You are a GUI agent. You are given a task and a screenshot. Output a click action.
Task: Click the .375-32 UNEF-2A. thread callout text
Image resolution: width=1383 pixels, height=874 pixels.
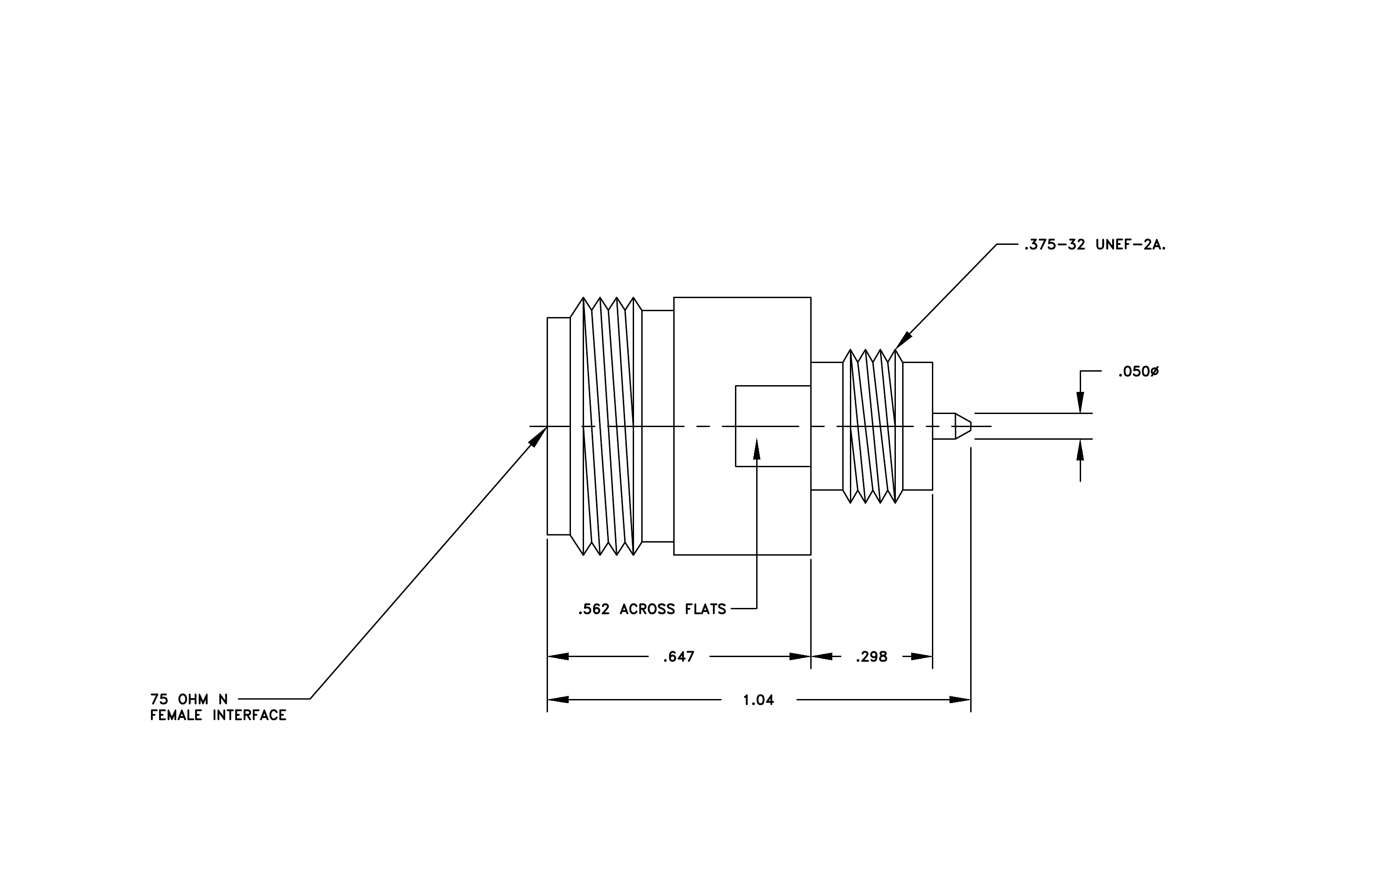pyautogui.click(x=1095, y=245)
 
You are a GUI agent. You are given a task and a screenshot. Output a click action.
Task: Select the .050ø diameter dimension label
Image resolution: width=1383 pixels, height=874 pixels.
pyautogui.click(x=1138, y=372)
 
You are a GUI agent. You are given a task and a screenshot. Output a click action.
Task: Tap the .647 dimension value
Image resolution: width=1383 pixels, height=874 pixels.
pyautogui.click(x=679, y=657)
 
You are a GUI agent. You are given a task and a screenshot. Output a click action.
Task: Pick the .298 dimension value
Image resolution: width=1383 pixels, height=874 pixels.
pyautogui.click(x=871, y=657)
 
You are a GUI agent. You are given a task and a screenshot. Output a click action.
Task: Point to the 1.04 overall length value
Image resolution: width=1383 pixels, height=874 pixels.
pyautogui.click(x=758, y=700)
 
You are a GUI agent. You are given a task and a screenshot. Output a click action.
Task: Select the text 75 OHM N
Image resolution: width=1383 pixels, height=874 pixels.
pyautogui.click(x=189, y=699)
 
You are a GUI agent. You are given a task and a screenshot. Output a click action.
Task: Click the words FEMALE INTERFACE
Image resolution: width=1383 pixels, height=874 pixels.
pyautogui.click(x=218, y=715)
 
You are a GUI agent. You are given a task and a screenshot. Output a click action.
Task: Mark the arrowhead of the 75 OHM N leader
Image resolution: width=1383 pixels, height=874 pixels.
pyautogui.click(x=538, y=437)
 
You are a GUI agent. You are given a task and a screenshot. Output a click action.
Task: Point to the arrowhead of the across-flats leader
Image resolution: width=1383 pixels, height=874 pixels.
pyautogui.click(x=757, y=449)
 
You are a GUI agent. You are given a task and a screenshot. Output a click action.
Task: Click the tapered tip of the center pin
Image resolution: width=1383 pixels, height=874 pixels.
pyautogui.click(x=963, y=426)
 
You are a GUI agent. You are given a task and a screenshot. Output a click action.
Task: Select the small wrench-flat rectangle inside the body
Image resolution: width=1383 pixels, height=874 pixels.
pyautogui.click(x=773, y=426)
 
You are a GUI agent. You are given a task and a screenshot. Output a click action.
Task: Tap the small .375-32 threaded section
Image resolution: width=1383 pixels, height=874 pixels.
pyautogui.click(x=872, y=426)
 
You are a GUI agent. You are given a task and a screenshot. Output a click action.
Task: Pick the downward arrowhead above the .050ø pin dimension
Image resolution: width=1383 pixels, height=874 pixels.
pyautogui.click(x=1080, y=402)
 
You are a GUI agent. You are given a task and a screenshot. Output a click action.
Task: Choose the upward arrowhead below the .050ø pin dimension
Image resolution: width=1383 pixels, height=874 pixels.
pyautogui.click(x=1080, y=450)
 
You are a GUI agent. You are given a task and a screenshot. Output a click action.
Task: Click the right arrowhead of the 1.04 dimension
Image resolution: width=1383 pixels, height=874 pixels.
pyautogui.click(x=960, y=700)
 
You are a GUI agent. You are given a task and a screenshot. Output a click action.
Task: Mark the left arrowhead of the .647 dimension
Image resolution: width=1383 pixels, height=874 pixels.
pyautogui.click(x=558, y=657)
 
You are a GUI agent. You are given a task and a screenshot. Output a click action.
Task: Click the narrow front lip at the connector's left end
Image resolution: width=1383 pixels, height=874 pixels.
pyautogui.click(x=558, y=426)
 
